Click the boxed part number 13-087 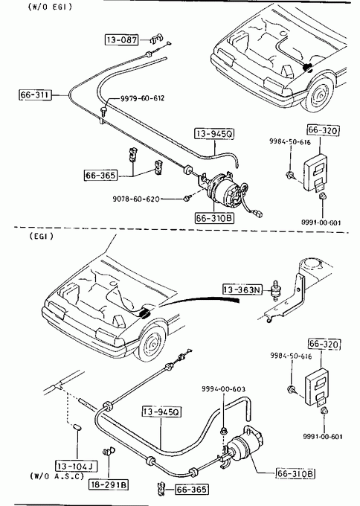click(122, 39)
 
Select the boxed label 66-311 click(35, 95)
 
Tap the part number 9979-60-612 click(142, 98)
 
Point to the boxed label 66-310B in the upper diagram click(214, 218)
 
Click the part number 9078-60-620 click(136, 199)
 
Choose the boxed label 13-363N click(242, 289)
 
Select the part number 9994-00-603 click(224, 389)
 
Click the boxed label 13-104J click(77, 466)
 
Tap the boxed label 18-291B click(109, 484)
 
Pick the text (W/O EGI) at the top click(50, 7)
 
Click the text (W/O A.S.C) click(57, 475)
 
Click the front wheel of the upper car click(319, 95)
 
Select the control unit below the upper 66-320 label click(315, 174)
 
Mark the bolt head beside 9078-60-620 click(186, 198)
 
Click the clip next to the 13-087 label click(156, 39)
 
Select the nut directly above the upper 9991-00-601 click(322, 196)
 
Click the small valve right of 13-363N click(275, 290)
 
